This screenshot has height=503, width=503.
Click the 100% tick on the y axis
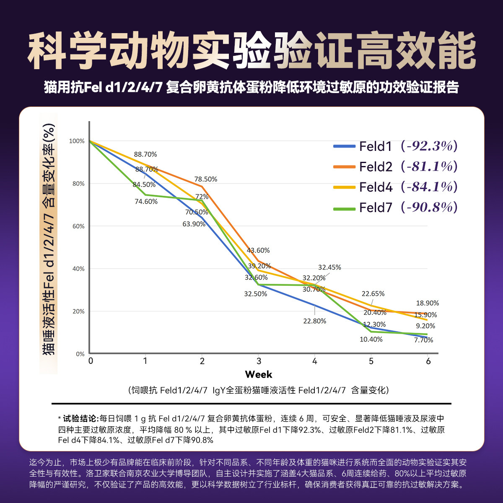coord(77,141)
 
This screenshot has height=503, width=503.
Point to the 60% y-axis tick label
coord(78,226)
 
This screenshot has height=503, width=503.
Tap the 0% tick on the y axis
coord(80,354)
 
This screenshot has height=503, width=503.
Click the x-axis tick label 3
coord(259,361)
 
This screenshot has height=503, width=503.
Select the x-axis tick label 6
coord(428,361)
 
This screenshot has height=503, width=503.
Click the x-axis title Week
coord(259,374)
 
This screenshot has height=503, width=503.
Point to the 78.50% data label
coord(205,179)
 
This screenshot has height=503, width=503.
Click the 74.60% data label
coord(146,202)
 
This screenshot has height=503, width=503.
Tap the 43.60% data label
coord(258,251)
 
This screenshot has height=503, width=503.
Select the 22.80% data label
coord(314,321)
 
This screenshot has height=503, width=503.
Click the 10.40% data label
coord(371,340)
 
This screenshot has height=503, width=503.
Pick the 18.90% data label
coord(427,303)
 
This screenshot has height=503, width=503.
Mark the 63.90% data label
coord(194,224)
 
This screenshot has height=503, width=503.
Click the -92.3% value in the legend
coord(429,146)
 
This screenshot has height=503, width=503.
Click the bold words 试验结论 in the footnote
coord(80,419)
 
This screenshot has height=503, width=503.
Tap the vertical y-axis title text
coord(49,239)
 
